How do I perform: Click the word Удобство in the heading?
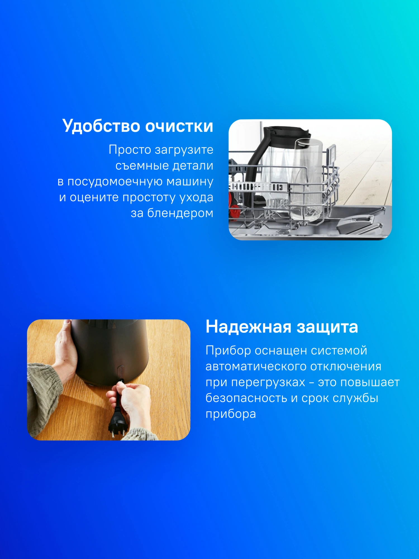[x=101, y=126]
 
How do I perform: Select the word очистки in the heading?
[x=179, y=126]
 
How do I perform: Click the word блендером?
[x=180, y=213]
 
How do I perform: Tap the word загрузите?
[x=184, y=150]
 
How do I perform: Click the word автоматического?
[x=256, y=366]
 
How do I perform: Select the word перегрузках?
[x=268, y=382]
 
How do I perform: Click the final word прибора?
[x=231, y=414]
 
